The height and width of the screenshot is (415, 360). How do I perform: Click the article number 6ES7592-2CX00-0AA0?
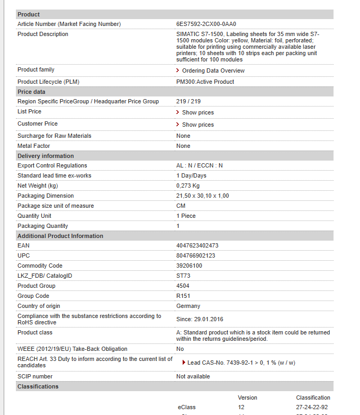(x=206, y=24)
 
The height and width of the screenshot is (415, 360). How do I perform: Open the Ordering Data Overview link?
(x=213, y=70)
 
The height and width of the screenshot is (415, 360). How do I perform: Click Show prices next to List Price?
(x=197, y=112)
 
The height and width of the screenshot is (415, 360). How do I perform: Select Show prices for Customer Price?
(x=197, y=125)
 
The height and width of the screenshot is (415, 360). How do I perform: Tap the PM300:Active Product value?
(x=205, y=82)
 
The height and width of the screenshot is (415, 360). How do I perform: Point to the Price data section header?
(x=31, y=92)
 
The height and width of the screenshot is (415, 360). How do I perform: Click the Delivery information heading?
(x=46, y=156)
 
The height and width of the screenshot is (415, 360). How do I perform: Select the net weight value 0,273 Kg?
(x=188, y=186)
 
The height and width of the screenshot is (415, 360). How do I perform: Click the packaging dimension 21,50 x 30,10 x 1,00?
(x=202, y=196)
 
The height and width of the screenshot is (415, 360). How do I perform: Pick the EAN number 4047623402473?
(x=197, y=245)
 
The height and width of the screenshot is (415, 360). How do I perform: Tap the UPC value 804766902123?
(x=195, y=255)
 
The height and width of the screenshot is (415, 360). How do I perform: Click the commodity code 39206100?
(x=190, y=266)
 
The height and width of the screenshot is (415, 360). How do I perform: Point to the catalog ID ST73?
(x=183, y=276)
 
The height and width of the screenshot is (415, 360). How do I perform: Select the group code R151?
(x=183, y=296)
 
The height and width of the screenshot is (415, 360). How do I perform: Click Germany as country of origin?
(x=188, y=306)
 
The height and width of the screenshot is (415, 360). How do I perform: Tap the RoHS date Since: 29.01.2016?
(x=200, y=319)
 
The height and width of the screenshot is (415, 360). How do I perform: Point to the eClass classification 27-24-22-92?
(x=312, y=407)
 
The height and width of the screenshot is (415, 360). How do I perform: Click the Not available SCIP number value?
(x=193, y=376)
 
